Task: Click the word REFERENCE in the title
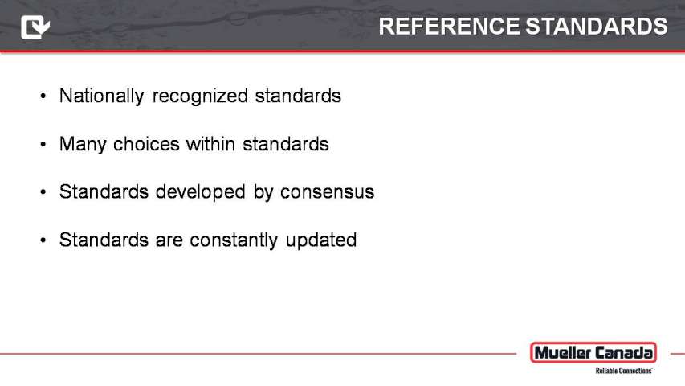click(449, 27)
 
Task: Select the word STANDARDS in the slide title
click(597, 27)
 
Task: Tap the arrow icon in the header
click(35, 27)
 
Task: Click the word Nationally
click(101, 96)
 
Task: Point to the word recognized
click(200, 96)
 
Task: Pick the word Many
click(83, 145)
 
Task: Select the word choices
click(146, 144)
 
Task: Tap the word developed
click(201, 192)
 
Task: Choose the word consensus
click(327, 192)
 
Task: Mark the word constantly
click(234, 240)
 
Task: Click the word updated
click(321, 240)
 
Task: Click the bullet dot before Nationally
click(43, 96)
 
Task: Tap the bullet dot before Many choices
click(43, 144)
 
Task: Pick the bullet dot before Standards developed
click(43, 192)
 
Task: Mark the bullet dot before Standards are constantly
click(43, 240)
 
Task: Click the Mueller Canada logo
click(593, 353)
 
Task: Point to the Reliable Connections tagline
click(624, 371)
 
